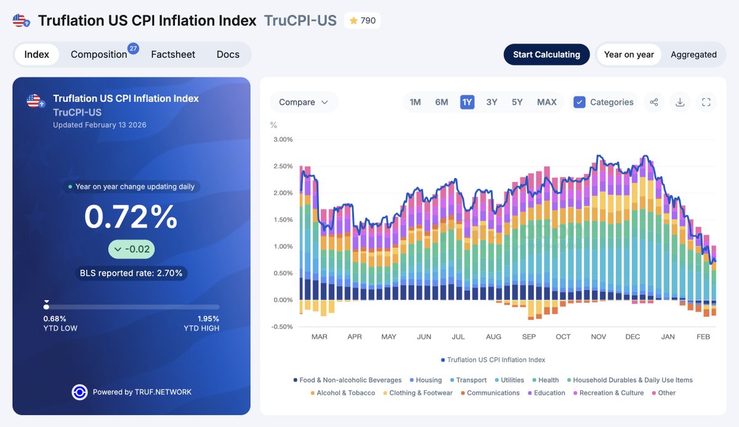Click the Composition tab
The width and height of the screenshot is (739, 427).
pyautogui.click(x=99, y=54)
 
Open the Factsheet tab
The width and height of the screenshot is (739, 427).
pyautogui.click(x=173, y=54)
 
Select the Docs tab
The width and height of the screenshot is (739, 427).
pyautogui.click(x=228, y=54)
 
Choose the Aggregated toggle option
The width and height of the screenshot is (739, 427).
pyautogui.click(x=693, y=54)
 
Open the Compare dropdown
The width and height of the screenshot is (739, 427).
pyautogui.click(x=304, y=102)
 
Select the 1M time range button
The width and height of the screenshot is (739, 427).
pyautogui.click(x=415, y=102)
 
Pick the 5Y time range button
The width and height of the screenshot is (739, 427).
pyautogui.click(x=517, y=102)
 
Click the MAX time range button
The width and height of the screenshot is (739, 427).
pyautogui.click(x=546, y=102)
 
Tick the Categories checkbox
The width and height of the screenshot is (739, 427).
pyautogui.click(x=579, y=102)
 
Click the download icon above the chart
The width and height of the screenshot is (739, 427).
pyautogui.click(x=680, y=102)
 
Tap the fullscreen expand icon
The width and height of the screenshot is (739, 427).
pyautogui.click(x=706, y=102)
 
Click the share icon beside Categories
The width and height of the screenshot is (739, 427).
pyautogui.click(x=654, y=102)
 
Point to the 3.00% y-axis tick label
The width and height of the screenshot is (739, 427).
pyautogui.click(x=283, y=139)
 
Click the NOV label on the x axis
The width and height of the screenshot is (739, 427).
pyautogui.click(x=598, y=337)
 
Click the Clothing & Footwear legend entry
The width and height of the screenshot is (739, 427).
pyautogui.click(x=421, y=393)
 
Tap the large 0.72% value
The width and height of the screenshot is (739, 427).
pyautogui.click(x=131, y=217)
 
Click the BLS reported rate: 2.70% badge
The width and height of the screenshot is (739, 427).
pyautogui.click(x=131, y=273)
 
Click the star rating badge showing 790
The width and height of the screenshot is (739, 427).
pyautogui.click(x=362, y=20)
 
